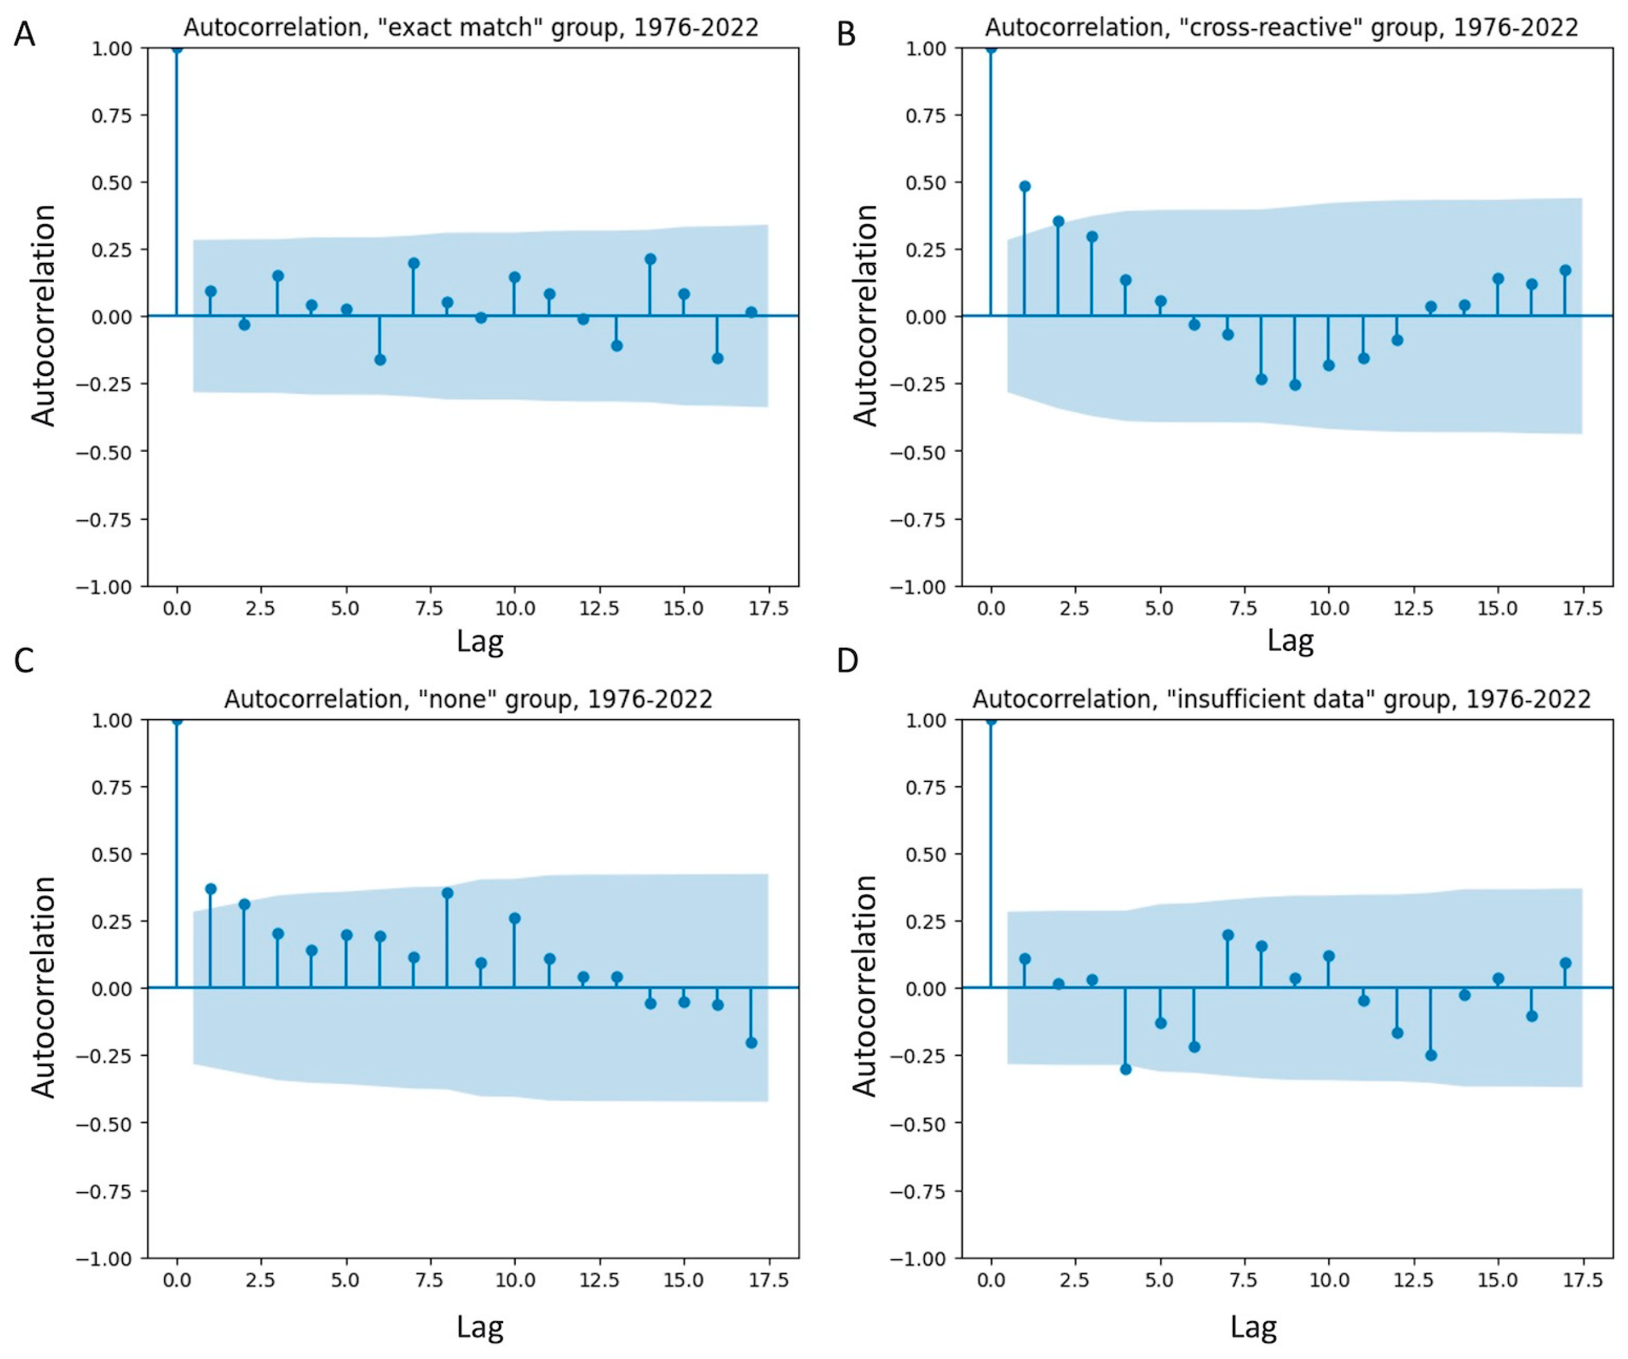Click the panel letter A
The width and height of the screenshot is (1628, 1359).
24,35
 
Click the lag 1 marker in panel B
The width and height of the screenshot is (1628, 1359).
1025,186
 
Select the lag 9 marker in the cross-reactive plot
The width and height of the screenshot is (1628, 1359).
1295,385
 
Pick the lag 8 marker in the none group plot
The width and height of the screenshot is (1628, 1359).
448,893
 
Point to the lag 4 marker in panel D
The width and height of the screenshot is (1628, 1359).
1126,1069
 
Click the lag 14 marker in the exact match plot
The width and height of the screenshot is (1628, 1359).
650,259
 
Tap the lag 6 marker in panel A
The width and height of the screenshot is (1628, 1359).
380,360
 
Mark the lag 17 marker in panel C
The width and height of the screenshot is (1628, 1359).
751,1042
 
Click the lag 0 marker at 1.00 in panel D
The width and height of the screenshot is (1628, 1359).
991,720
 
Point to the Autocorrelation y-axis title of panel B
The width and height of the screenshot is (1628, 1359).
865,315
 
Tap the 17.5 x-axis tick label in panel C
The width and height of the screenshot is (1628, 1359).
768,1280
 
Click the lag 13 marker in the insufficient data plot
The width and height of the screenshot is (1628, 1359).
1431,1055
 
